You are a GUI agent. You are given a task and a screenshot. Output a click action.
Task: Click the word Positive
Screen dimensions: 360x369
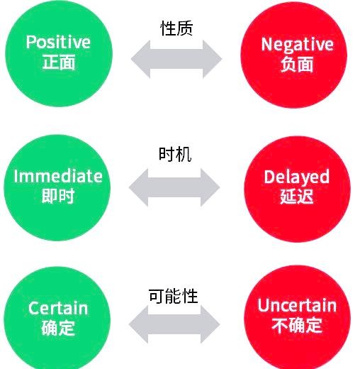point(58,42)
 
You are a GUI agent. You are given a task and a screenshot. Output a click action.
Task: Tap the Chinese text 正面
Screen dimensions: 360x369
point(59,62)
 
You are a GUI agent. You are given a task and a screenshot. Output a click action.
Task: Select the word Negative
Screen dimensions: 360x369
point(297,45)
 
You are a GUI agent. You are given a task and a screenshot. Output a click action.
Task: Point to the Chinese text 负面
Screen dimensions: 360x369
point(297,64)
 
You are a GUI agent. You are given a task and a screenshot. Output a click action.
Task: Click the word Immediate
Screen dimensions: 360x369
point(58,177)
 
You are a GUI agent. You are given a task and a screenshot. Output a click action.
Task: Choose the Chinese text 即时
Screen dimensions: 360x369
point(58,196)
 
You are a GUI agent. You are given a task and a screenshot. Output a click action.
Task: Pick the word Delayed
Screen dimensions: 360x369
point(297,177)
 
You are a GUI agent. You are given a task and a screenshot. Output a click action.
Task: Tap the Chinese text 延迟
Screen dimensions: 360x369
point(297,197)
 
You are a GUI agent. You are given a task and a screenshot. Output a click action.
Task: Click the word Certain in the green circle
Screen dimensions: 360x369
point(58,308)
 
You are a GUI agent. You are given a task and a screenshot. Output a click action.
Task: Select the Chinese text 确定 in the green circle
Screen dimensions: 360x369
point(58,328)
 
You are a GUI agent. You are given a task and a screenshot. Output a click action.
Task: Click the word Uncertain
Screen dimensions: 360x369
point(297,305)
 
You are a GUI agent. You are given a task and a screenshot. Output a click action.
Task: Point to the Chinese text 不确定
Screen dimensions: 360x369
point(297,325)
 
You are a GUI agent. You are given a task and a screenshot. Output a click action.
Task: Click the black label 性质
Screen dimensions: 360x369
point(176,28)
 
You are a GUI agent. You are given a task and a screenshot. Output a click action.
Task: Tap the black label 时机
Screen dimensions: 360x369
point(175,155)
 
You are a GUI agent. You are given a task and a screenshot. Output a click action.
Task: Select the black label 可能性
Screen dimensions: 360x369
point(174,296)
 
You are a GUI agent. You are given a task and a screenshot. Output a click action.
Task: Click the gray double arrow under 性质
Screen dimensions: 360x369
point(176,59)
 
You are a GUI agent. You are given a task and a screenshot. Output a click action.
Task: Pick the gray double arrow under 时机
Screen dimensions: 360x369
point(174,187)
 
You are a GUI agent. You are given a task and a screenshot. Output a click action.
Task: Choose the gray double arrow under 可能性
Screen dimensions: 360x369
point(174,324)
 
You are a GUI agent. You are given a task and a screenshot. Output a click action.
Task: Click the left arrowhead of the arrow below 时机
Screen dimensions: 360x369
point(139,187)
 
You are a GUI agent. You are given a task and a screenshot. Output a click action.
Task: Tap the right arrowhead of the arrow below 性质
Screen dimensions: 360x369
point(212,59)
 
